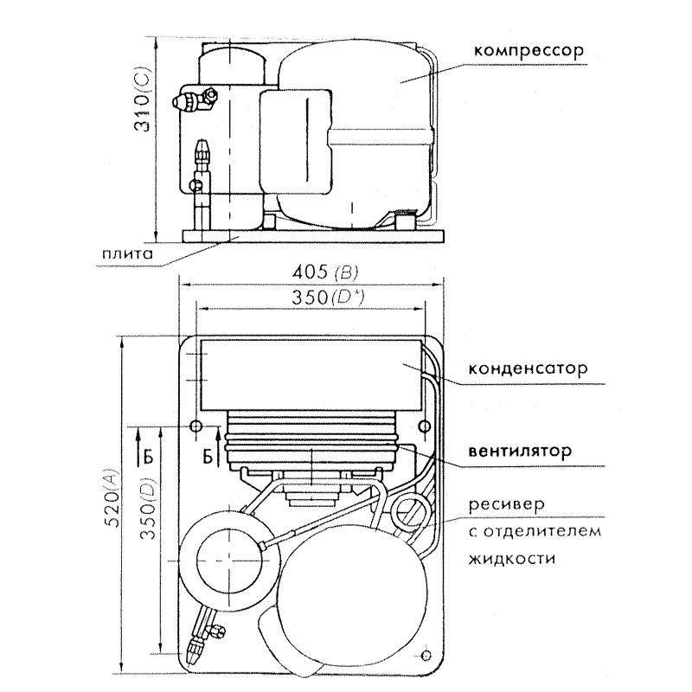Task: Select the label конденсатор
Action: point(528,367)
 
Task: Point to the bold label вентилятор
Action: point(520,452)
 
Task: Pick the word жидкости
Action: point(509,558)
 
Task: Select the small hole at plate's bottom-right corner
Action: point(423,656)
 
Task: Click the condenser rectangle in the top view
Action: point(311,375)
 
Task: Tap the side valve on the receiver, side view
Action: point(189,101)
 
